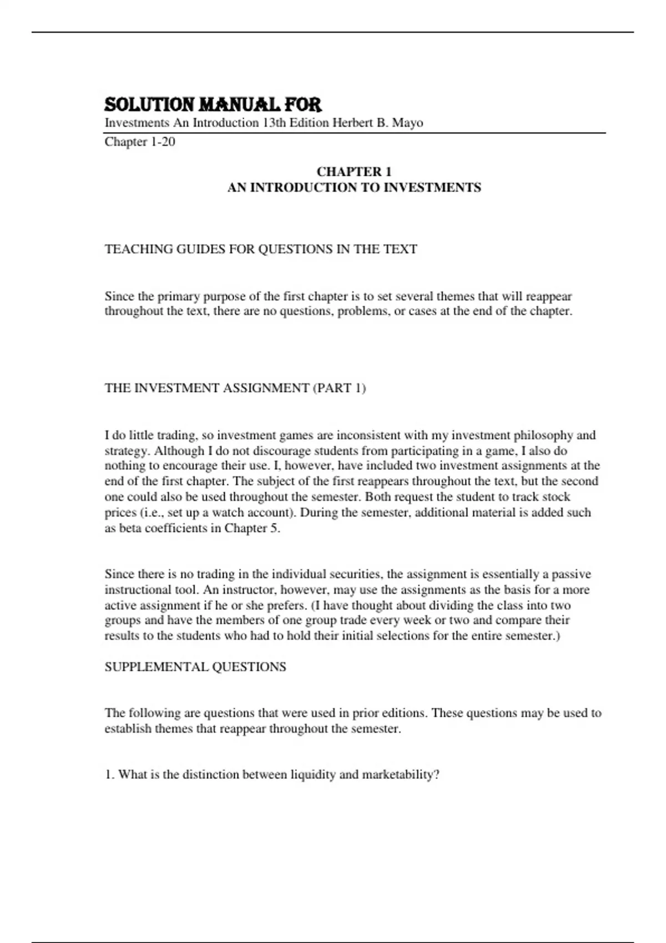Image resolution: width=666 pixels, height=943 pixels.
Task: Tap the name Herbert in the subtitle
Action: (352, 123)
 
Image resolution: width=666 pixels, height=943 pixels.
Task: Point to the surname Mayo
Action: (407, 123)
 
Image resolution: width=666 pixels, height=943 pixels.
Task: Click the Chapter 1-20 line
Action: (140, 142)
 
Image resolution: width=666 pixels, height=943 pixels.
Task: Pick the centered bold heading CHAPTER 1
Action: (354, 172)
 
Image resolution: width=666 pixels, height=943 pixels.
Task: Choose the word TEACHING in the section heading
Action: (139, 249)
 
